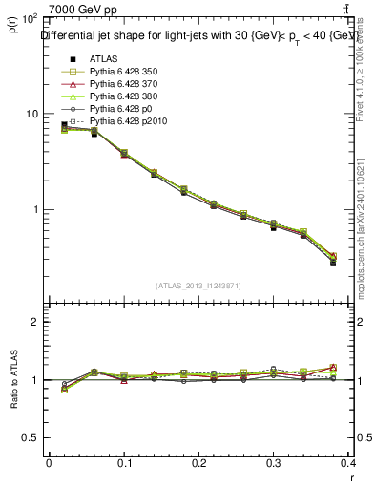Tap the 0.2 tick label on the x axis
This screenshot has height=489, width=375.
[x=199, y=463]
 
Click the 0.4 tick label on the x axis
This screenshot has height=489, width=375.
[x=349, y=463]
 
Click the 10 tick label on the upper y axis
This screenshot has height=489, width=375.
[x=30, y=114]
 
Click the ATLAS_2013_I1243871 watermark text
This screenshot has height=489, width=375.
[x=199, y=286]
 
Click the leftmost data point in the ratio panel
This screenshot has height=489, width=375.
[x=64, y=389]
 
